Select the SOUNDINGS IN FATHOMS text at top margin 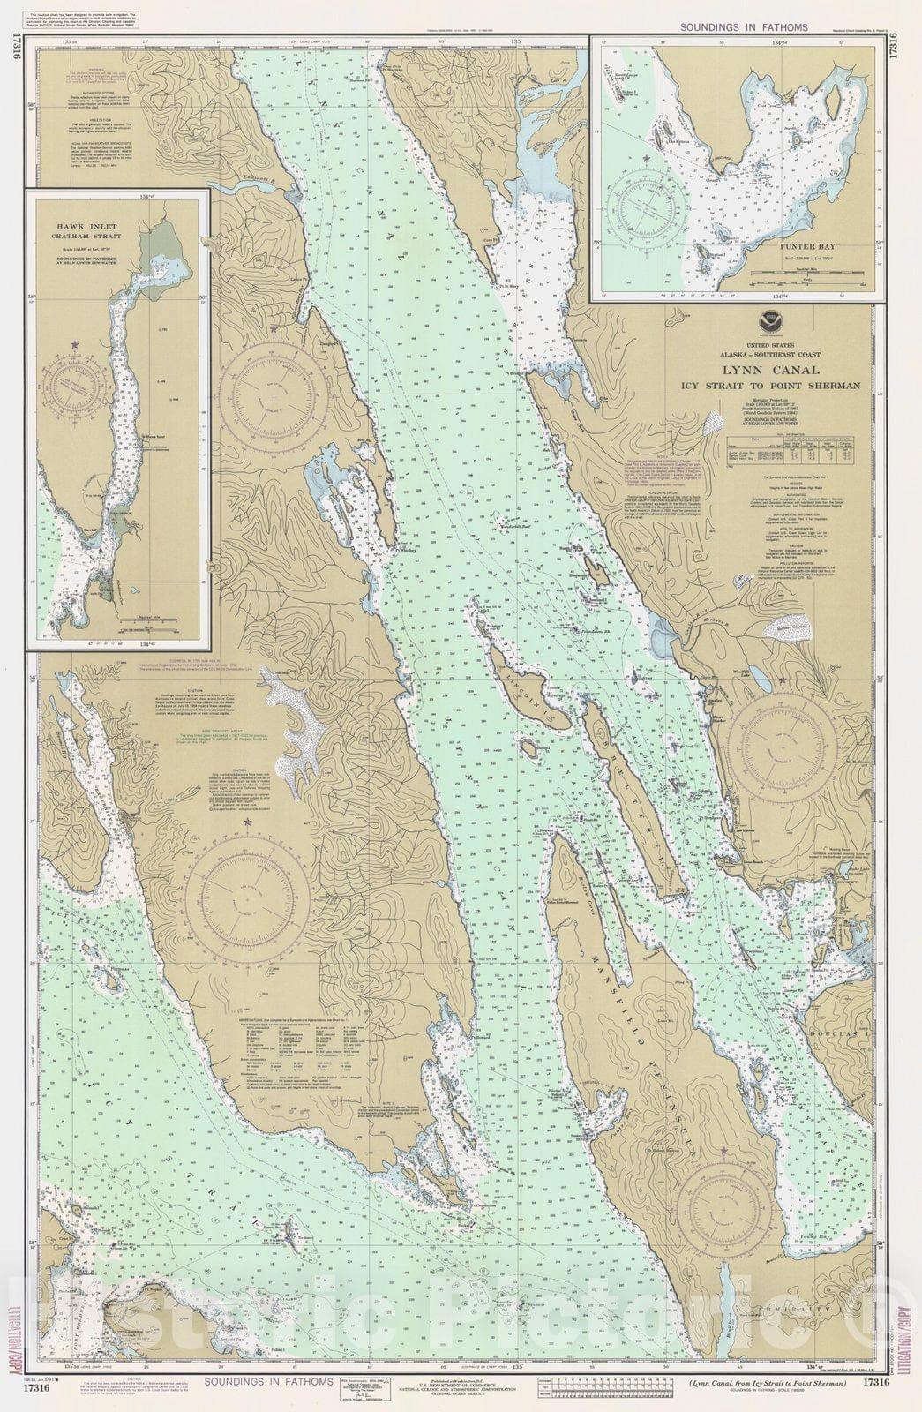tap(743, 27)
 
